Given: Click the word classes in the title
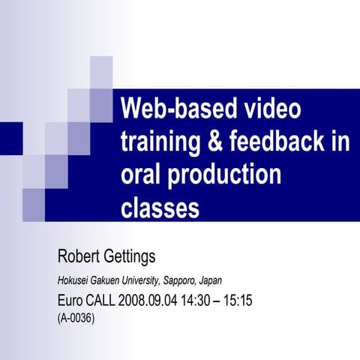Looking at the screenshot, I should [x=160, y=208].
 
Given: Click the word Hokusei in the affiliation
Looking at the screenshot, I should [x=72, y=280].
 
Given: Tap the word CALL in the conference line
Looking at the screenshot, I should [x=101, y=301].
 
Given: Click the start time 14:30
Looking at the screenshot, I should [x=199, y=301].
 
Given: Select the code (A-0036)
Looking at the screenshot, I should [x=76, y=318].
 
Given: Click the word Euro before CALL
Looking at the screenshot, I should [x=70, y=301].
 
